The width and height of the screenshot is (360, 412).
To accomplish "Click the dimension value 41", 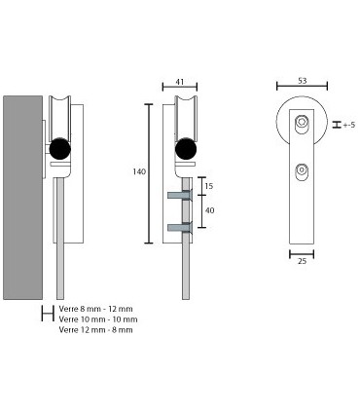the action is coord(179,82).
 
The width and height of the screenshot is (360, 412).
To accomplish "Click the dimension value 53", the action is coord(302,81).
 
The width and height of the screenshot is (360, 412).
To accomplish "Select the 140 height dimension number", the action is coord(139,171).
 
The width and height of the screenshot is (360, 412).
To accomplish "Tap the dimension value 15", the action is coord(209,186).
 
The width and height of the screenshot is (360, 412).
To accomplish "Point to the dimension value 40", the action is coord(209,210).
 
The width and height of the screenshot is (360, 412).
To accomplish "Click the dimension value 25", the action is coord(302,261).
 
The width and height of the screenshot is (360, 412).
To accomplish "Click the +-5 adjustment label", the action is coord(349,125).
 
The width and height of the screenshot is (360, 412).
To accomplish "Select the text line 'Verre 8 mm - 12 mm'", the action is coord(95,309).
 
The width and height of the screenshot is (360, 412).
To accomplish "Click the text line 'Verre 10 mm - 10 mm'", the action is coord(98,319).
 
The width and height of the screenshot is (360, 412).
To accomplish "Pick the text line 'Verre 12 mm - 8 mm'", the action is coord(95,330).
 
